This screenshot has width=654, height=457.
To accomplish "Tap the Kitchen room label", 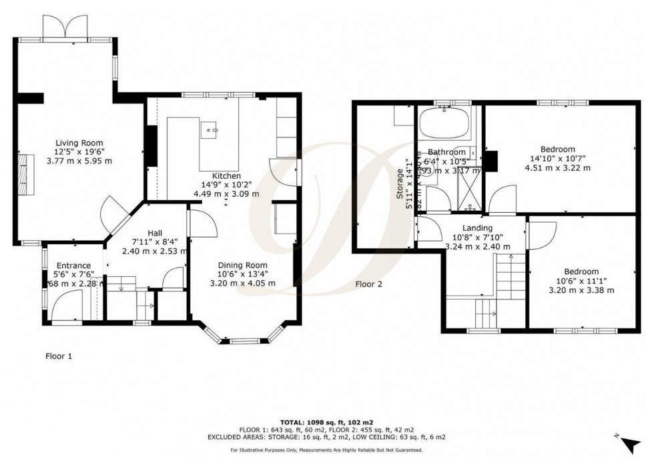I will [226, 176].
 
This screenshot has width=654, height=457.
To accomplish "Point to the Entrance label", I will [73, 266].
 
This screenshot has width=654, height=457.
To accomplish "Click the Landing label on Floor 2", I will [477, 228].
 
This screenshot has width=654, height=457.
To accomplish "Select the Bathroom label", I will [446, 152].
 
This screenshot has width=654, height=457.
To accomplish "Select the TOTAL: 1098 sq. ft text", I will [327, 421].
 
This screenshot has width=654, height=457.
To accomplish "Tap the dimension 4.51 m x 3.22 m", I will [557, 167].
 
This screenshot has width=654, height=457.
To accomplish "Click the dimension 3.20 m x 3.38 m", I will [581, 290].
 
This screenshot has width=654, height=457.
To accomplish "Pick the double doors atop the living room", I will [65, 29].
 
